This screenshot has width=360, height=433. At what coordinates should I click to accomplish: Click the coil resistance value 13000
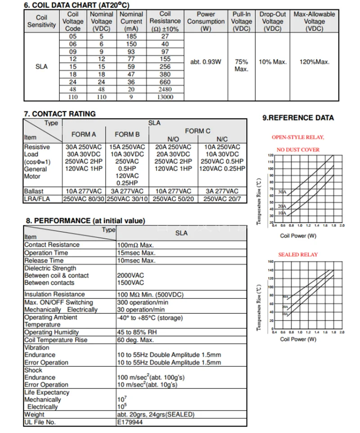pyautogui.click(x=165, y=97)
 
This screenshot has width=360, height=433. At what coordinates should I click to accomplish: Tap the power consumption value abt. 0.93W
pyautogui.click(x=206, y=62)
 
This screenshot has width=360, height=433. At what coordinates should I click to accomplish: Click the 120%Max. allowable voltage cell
pyautogui.click(x=314, y=62)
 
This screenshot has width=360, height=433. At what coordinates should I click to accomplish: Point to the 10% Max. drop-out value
pyautogui.click(x=273, y=62)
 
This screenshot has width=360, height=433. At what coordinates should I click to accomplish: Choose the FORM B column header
pyautogui.click(x=127, y=134)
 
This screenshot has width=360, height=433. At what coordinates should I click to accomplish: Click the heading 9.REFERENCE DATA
pyautogui.click(x=298, y=118)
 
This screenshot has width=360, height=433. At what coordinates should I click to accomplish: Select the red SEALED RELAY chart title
pyautogui.click(x=297, y=255)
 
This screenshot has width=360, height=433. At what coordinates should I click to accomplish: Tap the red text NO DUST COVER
pyautogui.click(x=298, y=150)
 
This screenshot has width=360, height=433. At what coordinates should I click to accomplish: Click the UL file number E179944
pyautogui.click(x=130, y=422)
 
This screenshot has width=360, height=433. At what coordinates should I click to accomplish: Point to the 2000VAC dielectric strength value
pyautogui.click(x=130, y=275)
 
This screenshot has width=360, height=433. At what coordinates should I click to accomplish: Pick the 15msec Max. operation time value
pyautogui.click(x=136, y=253)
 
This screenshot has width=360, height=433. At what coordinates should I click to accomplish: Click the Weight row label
pyautogui.click(x=34, y=415)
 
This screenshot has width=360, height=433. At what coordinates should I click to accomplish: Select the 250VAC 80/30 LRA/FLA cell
pyautogui.click(x=84, y=198)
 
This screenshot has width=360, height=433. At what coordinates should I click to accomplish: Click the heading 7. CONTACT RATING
pyautogui.click(x=59, y=114)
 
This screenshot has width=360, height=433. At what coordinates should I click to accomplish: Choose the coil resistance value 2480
pyautogui.click(x=165, y=90)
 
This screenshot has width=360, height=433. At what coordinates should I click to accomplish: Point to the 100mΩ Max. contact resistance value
pyautogui.click(x=135, y=245)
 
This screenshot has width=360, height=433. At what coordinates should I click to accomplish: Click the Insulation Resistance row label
pyautogui.click(x=54, y=294)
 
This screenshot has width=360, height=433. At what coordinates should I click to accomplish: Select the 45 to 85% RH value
pyautogui.click(x=137, y=333)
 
